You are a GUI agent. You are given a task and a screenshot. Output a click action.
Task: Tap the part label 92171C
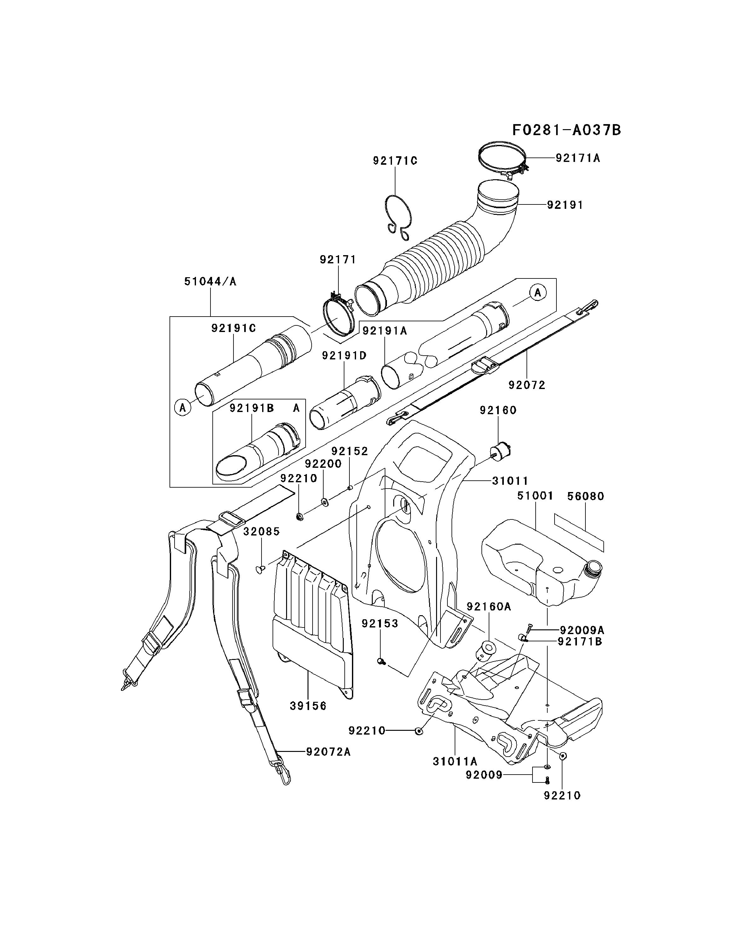(x=395, y=161)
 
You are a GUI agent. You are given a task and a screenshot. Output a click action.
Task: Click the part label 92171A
(x=578, y=158)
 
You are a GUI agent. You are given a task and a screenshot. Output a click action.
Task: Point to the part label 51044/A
(x=210, y=281)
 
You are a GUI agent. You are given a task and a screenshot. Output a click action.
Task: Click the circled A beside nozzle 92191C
(x=183, y=408)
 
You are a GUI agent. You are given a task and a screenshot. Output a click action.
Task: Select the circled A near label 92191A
(x=538, y=293)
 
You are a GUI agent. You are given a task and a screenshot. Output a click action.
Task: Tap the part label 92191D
(x=344, y=356)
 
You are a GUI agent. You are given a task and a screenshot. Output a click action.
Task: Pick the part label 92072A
(x=328, y=752)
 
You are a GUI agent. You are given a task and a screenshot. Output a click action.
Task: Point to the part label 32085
(x=262, y=531)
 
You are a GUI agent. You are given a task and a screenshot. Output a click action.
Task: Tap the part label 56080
(x=585, y=496)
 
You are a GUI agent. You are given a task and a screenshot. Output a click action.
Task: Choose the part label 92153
(x=380, y=623)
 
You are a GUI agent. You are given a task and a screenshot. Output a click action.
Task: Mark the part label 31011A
(x=455, y=761)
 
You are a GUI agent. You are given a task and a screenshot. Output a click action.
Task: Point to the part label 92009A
(x=582, y=630)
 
